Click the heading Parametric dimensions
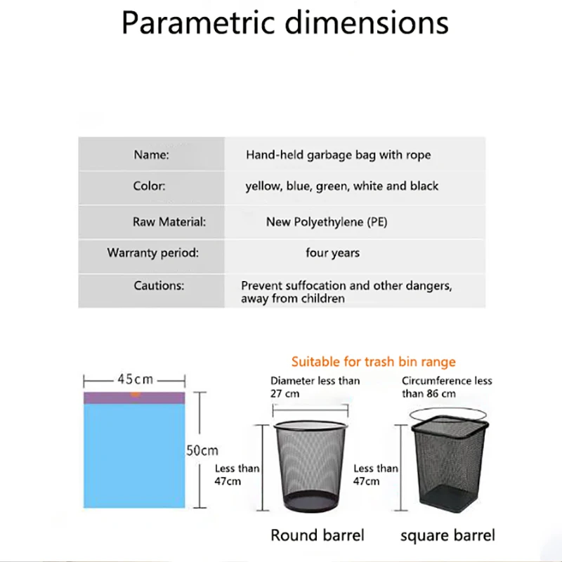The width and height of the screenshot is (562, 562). coord(285,22)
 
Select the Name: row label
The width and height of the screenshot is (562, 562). coord(151,155)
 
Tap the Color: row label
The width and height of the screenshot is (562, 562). coord(149,186)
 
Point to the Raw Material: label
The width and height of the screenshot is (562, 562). coord(169,222)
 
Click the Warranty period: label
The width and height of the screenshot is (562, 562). coord(152,252)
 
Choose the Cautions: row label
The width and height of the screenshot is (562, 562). coord(159,286)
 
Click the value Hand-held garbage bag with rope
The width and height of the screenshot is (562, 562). coord(338,155)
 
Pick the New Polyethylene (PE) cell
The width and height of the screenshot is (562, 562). coord(326,222)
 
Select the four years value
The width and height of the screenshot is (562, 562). coord(332,252)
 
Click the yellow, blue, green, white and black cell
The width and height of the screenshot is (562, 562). coord(341,186)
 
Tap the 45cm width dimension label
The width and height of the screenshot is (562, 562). coord(135,379)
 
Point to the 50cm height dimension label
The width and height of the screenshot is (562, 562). coord(202,450)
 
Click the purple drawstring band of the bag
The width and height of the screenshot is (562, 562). coord(134,398)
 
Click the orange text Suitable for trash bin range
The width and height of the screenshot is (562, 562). coord(373,362)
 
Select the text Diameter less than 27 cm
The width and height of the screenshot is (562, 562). coord(315,386)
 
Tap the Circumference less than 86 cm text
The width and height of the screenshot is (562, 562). coord(447,386)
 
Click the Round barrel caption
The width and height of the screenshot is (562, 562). coord(318,535)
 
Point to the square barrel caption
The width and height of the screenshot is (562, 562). coord(447,535)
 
